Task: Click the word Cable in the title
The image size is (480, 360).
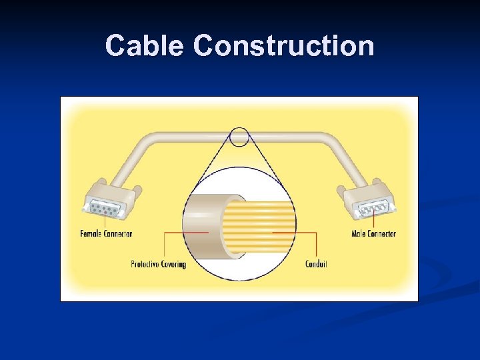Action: click(145, 46)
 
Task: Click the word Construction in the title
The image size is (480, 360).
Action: click(284, 46)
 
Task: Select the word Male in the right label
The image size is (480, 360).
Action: click(359, 233)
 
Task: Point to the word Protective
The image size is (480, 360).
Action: click(145, 264)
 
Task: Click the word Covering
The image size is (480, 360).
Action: click(173, 264)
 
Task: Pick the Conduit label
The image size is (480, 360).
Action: click(316, 264)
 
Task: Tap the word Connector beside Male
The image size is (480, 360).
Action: click(382, 233)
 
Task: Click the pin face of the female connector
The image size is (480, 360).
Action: click(105, 211)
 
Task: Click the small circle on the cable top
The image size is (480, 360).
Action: click(239, 138)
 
